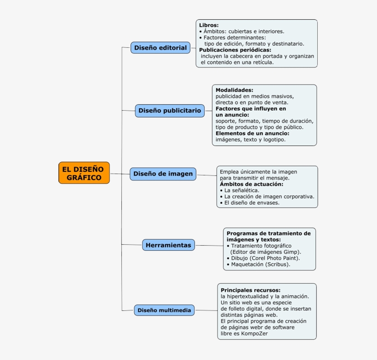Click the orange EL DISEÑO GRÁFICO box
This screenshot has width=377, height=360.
pyautogui.click(x=84, y=173)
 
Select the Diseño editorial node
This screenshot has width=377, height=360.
pyautogui.click(x=160, y=48)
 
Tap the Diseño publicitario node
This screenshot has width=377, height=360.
pyautogui.click(x=170, y=111)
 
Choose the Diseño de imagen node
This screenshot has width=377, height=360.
pyautogui.click(x=163, y=174)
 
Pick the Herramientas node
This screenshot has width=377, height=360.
pyautogui.click(x=168, y=245)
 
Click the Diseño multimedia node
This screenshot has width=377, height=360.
pyautogui.click(x=164, y=310)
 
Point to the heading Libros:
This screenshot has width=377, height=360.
pyautogui.click(x=209, y=25)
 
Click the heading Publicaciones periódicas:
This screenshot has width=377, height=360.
pyautogui.click(x=235, y=50)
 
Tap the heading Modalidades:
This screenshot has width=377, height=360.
pyautogui.click(x=234, y=90)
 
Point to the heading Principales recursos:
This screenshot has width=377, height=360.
pyautogui.click(x=251, y=290)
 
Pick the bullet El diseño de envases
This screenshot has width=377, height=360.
pyautogui.click(x=251, y=202)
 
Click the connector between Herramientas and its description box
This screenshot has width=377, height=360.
pyautogui.click(x=209, y=246)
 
